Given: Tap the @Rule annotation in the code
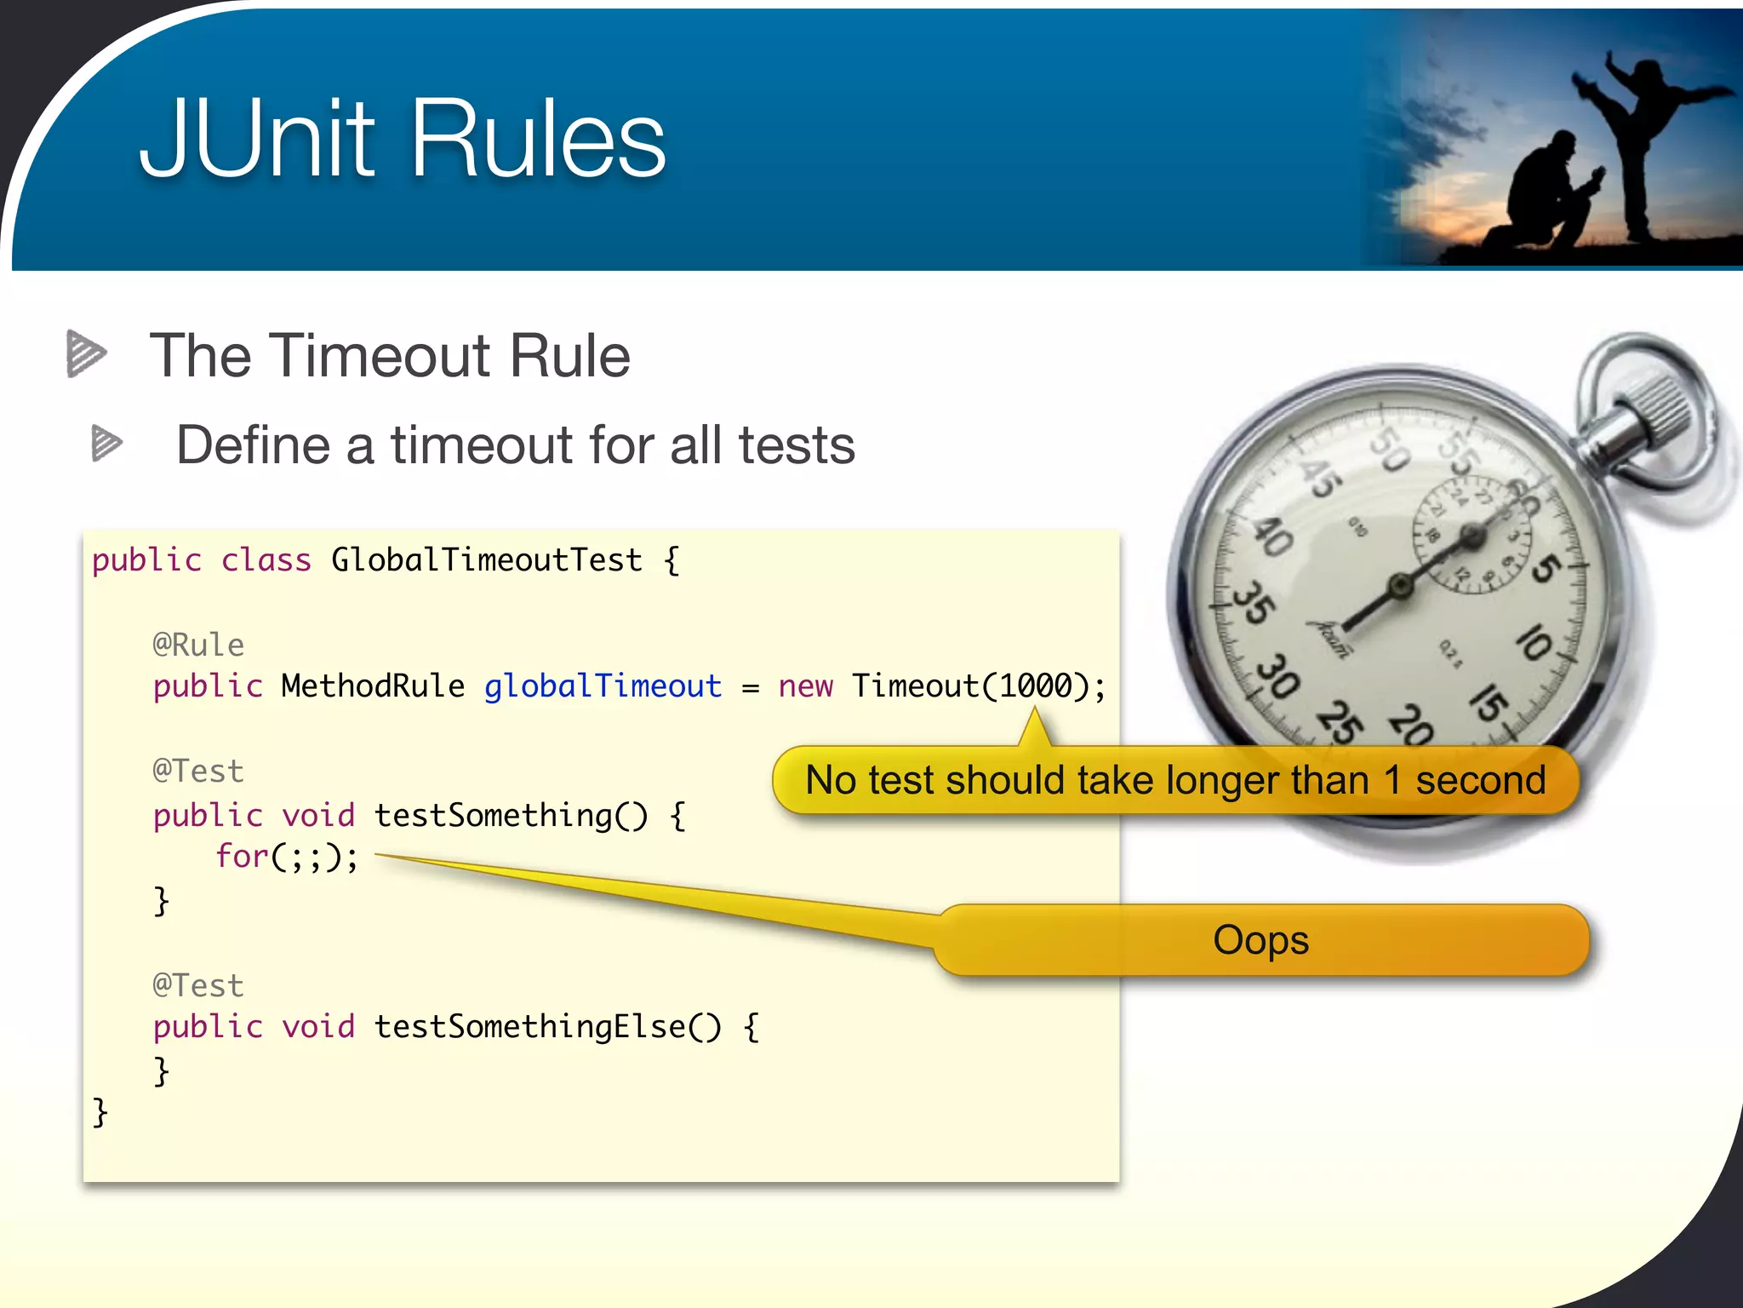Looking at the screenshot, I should tap(198, 645).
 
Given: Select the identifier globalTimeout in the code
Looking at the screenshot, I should tap(603, 686).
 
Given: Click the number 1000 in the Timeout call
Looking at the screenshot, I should tap(1035, 686).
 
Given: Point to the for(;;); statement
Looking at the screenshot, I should tap(287, 856).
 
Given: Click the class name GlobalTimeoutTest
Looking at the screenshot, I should tap(486, 559).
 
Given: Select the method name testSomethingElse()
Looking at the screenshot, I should tap(547, 1026).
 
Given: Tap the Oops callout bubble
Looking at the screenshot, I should tap(1260, 939).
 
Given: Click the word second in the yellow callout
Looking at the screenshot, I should tap(1480, 779).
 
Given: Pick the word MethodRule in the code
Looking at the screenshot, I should tap(373, 686).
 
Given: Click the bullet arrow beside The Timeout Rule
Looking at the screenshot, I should tap(86, 353).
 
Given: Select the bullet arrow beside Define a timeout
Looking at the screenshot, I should tap(106, 443).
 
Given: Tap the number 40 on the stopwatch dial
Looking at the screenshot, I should tap(1273, 536).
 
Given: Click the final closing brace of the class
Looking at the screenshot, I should tap(100, 1112).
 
